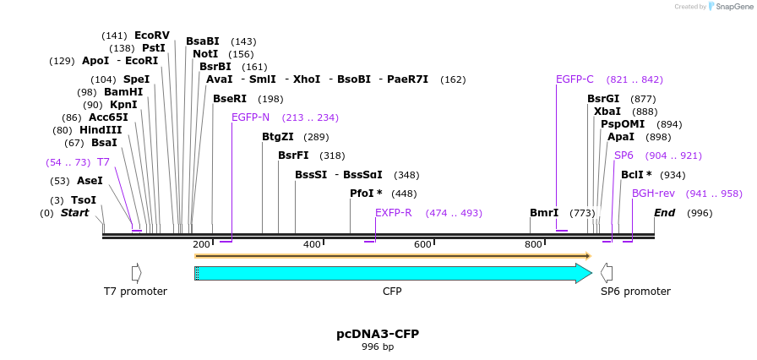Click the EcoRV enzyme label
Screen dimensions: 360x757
152,35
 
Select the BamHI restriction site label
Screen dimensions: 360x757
123,92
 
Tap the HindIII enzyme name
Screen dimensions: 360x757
101,130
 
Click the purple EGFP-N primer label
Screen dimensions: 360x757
250,117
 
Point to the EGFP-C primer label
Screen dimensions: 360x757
575,79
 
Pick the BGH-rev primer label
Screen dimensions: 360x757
653,194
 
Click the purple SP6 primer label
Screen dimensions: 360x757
624,155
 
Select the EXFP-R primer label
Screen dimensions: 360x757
393,213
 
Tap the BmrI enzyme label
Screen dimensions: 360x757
544,213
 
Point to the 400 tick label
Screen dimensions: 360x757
312,244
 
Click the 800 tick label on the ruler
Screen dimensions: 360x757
533,244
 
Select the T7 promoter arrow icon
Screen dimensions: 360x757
136,273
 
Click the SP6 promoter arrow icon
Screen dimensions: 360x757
606,273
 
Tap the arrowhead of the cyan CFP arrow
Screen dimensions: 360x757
584,273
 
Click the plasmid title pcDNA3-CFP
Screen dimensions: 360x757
378,334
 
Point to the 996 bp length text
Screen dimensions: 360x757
378,347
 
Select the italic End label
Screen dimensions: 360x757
664,213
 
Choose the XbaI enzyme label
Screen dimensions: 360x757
607,112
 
